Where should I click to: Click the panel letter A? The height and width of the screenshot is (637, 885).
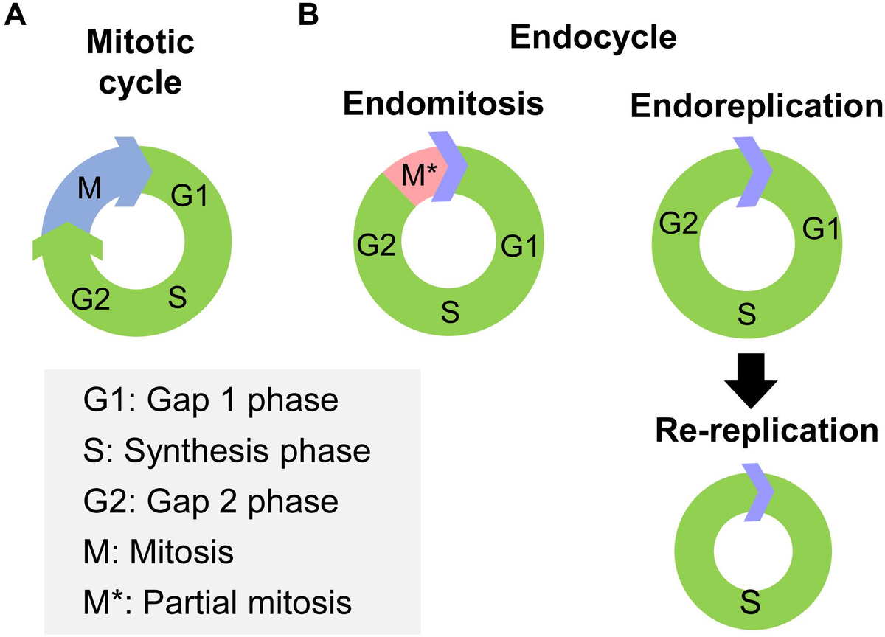pos(16,15)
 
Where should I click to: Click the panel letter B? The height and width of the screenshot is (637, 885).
pos(308,15)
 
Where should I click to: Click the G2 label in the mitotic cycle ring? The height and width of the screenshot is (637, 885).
pos(91,299)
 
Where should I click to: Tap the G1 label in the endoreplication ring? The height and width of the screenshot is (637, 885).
pos(819,230)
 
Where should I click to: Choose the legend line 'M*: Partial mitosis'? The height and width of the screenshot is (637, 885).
pos(218,602)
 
